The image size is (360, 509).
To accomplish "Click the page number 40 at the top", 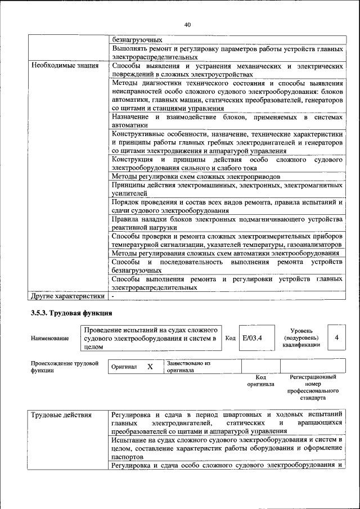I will [187, 24].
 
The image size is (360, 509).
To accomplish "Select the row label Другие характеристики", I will [68, 296].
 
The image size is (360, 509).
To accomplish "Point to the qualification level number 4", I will [336, 338].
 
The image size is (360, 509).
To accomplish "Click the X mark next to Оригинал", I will [150, 367].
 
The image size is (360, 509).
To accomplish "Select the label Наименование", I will [51, 339].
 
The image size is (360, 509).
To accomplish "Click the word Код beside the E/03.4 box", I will [230, 339].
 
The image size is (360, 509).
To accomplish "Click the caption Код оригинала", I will [260, 381].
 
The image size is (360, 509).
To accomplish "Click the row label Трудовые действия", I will [61, 415].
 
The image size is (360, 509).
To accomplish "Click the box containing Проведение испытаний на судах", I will [150, 339].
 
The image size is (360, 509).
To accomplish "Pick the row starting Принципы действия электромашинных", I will [227, 189].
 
